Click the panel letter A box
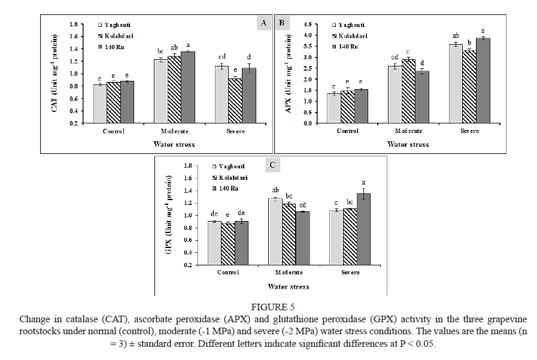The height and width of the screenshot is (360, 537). pyautogui.click(x=263, y=23)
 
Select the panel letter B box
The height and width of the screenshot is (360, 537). pyautogui.click(x=281, y=23)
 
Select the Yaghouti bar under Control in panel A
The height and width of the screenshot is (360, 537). pyautogui.click(x=99, y=104)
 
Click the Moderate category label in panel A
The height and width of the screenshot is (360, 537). pyautogui.click(x=173, y=132)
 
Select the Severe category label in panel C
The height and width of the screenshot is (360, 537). pyautogui.click(x=351, y=273)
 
